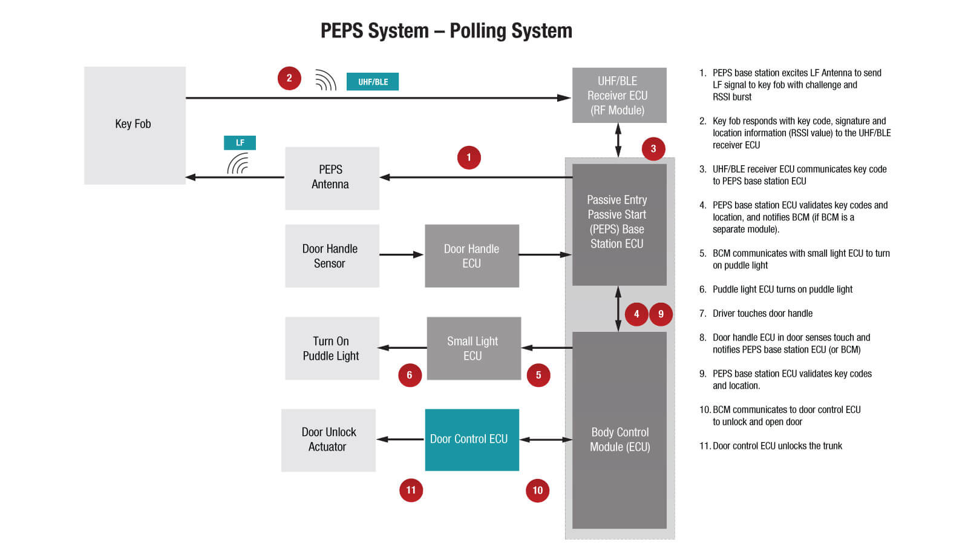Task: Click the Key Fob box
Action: pyautogui.click(x=134, y=125)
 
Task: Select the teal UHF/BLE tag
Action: pyautogui.click(x=372, y=82)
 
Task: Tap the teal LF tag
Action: pyautogui.click(x=240, y=143)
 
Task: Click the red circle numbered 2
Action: pyautogui.click(x=289, y=78)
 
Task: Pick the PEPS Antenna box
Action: pyautogui.click(x=332, y=178)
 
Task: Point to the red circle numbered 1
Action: pyautogui.click(x=469, y=157)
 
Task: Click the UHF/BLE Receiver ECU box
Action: pyautogui.click(x=619, y=96)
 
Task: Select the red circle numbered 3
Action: pyautogui.click(x=653, y=148)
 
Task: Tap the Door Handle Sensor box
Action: pyautogui.click(x=332, y=256)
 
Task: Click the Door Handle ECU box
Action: pyautogui.click(x=471, y=256)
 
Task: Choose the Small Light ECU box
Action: pyautogui.click(x=473, y=349)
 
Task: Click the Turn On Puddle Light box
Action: pyautogui.click(x=332, y=349)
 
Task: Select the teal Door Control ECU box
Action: pyautogui.click(x=471, y=440)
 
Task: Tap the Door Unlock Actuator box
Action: pyautogui.click(x=328, y=440)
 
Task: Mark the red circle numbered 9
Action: pyautogui.click(x=661, y=314)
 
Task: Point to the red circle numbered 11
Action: pyautogui.click(x=411, y=490)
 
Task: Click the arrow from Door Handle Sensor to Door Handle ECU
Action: pyautogui.click(x=401, y=255)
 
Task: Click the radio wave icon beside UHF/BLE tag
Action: pyautogui.click(x=325, y=80)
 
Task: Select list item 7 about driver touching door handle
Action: pyautogui.click(x=762, y=314)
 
